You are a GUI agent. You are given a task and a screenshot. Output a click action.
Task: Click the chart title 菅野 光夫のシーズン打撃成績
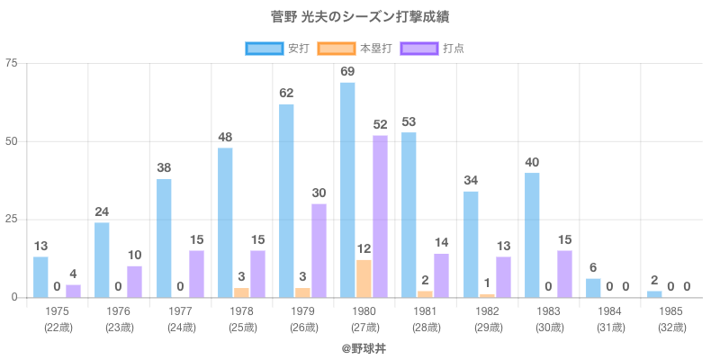359,17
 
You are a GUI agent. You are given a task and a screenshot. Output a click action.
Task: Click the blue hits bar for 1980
347,190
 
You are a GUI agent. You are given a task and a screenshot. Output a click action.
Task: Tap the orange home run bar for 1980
364,278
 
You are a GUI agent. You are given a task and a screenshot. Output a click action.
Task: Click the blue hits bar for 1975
40,277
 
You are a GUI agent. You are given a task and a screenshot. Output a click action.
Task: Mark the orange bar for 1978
241,292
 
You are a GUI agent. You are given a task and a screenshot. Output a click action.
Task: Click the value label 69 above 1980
347,71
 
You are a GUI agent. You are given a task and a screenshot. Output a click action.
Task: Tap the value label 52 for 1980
380,124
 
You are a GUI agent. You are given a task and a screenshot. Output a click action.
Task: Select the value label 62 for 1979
286,93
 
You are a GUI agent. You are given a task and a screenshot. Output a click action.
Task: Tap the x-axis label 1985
671,310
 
